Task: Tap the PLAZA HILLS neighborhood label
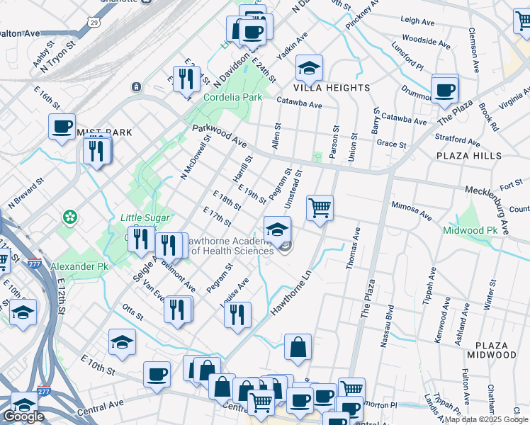[469, 156]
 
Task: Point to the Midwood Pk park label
[470, 230]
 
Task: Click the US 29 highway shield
[94, 23]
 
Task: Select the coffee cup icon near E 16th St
[62, 127]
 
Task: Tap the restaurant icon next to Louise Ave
[238, 312]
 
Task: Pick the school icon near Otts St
[123, 342]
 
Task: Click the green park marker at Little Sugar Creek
[70, 216]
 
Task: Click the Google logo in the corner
[23, 416]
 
